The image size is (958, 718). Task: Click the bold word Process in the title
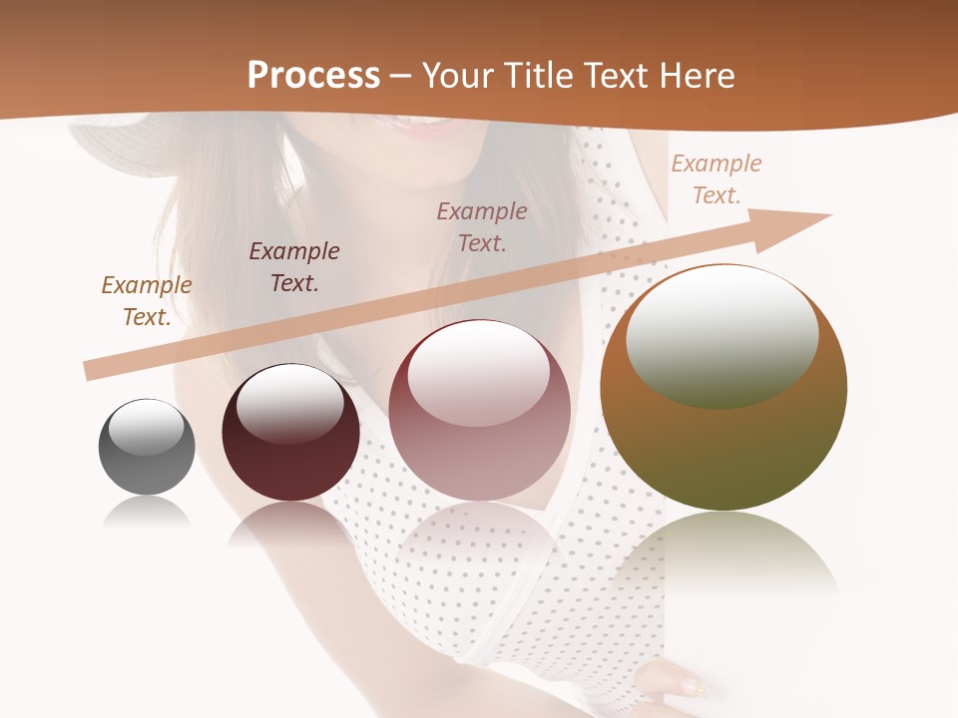313,75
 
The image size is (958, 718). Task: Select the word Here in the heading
695,75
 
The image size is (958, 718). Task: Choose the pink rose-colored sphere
479,419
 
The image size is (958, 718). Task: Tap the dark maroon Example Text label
294,267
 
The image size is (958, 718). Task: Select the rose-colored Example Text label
482,226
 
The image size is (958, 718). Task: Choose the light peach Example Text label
717,179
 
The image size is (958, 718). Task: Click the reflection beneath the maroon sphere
290,525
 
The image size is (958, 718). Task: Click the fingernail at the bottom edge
688,686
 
